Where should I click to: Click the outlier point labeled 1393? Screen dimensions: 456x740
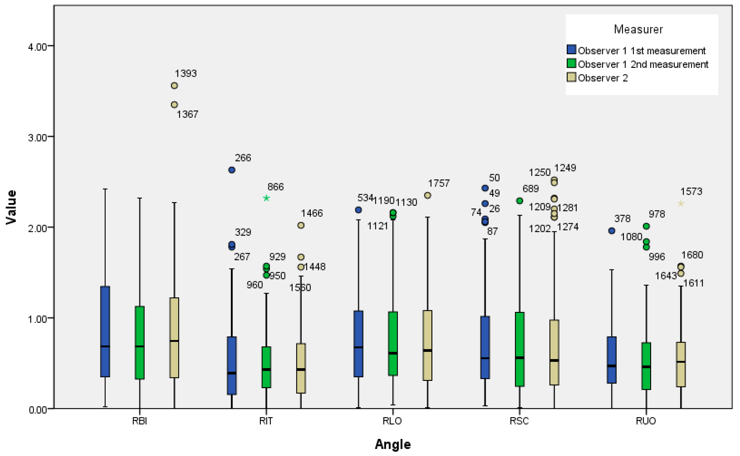(174, 86)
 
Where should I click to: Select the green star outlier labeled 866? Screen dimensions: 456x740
(266, 198)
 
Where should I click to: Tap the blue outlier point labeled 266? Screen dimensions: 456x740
(232, 170)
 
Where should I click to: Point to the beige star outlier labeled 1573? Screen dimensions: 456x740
(681, 204)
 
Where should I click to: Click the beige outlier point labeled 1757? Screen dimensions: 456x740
(427, 195)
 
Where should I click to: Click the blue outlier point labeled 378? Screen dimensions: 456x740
(612, 231)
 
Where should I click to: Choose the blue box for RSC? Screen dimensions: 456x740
(485, 347)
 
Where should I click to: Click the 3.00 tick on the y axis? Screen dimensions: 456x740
(37, 138)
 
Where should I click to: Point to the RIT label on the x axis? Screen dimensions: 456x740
(266, 421)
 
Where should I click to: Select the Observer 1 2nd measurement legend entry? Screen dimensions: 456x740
(643, 64)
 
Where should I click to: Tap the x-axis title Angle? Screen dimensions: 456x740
(393, 444)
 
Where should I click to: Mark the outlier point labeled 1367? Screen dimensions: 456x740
(174, 105)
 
